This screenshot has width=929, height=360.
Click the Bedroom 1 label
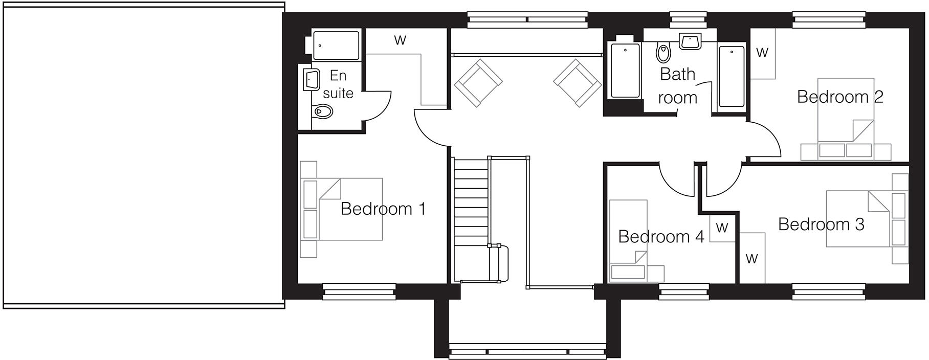tap(383, 209)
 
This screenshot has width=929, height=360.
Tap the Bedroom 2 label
tap(840, 97)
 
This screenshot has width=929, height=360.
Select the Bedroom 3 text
tap(821, 224)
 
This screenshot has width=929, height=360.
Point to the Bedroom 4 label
tap(661, 236)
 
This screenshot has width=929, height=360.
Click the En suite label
tap(338, 84)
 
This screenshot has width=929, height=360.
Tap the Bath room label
tap(677, 85)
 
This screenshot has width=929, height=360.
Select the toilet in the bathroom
tap(663, 53)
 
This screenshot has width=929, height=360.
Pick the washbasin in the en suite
tap(312, 80)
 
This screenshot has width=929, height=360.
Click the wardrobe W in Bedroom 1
tap(400, 40)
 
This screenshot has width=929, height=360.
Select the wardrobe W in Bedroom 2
tap(762, 53)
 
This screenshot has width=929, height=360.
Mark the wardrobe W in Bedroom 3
tap(751, 259)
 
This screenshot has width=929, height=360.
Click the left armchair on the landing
tap(478, 83)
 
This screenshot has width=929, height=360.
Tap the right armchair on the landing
tap(577, 83)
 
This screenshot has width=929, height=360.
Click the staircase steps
tap(471, 205)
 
